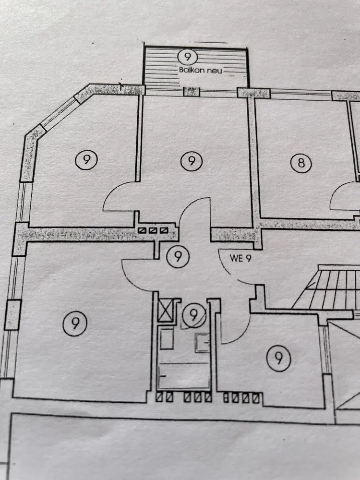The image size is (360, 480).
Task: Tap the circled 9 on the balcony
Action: [x=187, y=57]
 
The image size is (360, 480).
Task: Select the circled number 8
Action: [x=301, y=163]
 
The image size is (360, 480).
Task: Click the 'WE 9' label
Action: [x=240, y=258]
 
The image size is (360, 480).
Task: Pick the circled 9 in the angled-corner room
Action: [x=86, y=159]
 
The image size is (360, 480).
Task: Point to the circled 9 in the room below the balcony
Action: [x=191, y=161]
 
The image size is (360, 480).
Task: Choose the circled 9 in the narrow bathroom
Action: [x=193, y=315]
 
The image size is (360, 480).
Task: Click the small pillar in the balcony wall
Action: [x=192, y=91]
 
